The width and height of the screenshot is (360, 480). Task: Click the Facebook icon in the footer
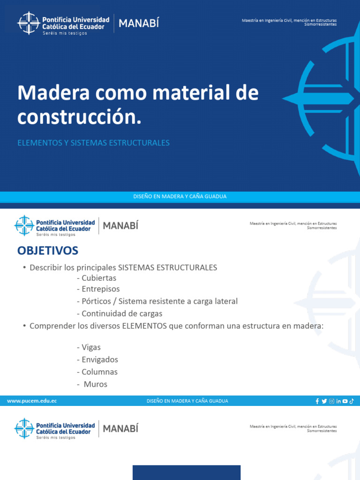tap(317, 401)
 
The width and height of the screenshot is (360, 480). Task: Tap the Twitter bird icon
tap(324, 401)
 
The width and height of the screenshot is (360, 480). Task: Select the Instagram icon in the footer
tap(331, 401)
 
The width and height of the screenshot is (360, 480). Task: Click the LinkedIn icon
tap(338, 401)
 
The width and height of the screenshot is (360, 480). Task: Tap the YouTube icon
tap(345, 401)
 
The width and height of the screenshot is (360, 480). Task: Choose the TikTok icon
tap(352, 401)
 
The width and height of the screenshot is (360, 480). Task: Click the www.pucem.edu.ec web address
tap(32, 401)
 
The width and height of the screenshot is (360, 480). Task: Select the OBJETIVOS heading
tap(48, 251)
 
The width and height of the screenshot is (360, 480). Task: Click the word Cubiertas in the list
tap(98, 278)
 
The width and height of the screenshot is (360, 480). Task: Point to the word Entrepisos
tap(100, 289)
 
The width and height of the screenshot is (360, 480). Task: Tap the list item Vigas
tap(91, 347)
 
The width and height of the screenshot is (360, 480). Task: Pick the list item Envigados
tap(99, 360)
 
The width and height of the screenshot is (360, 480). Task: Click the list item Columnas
tap(99, 372)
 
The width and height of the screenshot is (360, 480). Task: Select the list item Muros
tap(96, 384)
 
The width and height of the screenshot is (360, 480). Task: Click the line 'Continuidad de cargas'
tap(121, 314)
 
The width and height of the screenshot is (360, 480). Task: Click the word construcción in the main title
tap(79, 118)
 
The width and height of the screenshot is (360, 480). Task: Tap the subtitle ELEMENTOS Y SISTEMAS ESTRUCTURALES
tap(93, 143)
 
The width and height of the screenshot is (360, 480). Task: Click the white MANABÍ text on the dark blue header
tap(139, 23)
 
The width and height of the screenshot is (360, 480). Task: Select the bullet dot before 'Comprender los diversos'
tap(23, 326)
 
